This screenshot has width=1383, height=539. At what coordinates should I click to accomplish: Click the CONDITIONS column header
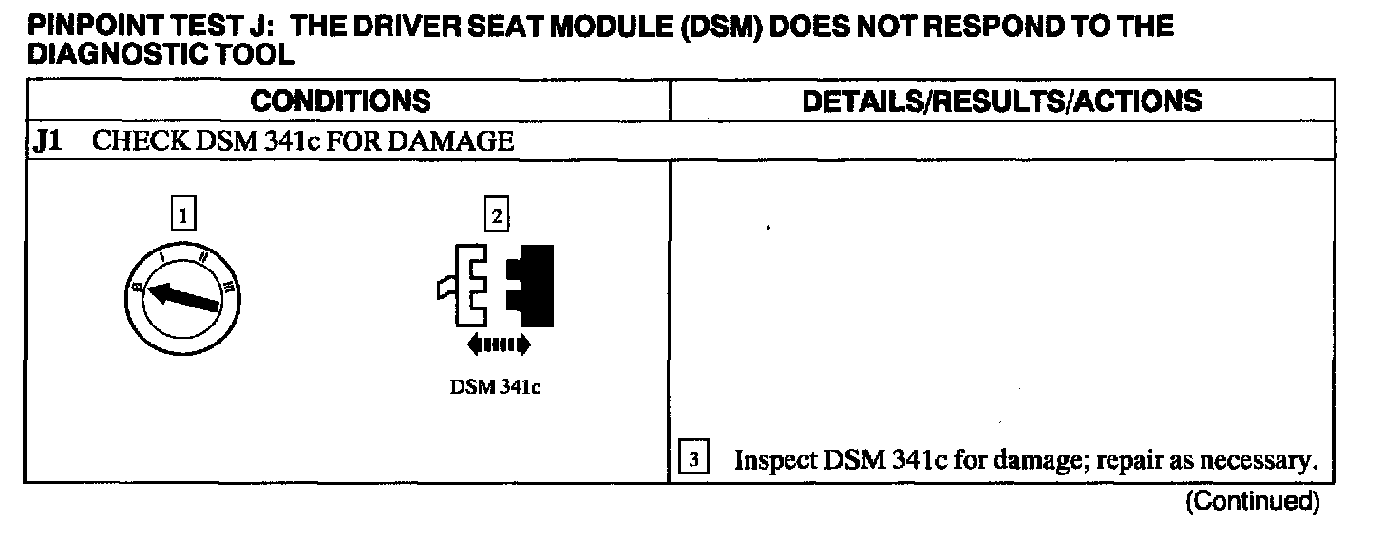340,102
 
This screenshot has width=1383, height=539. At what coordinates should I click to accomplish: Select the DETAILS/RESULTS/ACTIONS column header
1002,102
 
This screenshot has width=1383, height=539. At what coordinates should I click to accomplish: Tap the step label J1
47,142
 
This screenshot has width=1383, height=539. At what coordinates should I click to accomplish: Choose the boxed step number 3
694,461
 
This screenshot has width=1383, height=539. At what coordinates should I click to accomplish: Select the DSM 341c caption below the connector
495,388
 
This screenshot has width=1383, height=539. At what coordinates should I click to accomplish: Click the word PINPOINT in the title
86,26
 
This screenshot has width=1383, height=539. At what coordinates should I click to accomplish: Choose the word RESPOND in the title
997,26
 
